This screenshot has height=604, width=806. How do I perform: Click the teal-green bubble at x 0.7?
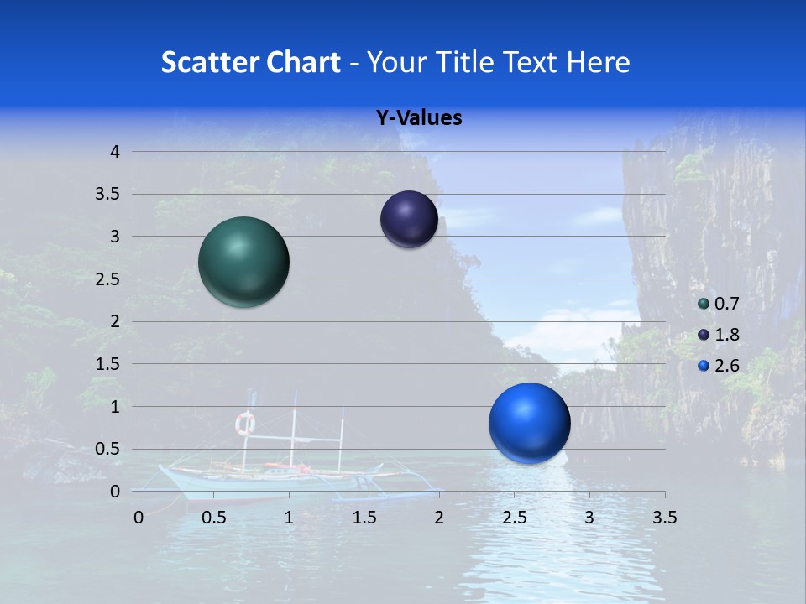point(243,262)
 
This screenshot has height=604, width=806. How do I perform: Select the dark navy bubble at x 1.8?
point(409,219)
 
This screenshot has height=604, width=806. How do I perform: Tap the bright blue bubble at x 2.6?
point(529,423)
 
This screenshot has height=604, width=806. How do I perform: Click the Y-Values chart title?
point(418,118)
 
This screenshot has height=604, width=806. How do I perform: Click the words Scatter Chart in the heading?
point(250,62)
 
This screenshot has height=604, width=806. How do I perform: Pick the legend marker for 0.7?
point(703,304)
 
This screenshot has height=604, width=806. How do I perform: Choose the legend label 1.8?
point(726,335)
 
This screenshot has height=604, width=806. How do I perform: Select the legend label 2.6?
point(726,365)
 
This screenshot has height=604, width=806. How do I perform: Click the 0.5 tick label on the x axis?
point(214,518)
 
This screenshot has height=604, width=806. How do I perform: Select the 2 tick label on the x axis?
point(439,518)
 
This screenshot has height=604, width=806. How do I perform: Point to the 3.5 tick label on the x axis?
point(664,518)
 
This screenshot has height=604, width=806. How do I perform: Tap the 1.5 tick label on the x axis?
point(364,518)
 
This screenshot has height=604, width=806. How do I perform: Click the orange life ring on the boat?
point(245,424)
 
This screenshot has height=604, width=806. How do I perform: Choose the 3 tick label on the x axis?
point(589,518)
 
